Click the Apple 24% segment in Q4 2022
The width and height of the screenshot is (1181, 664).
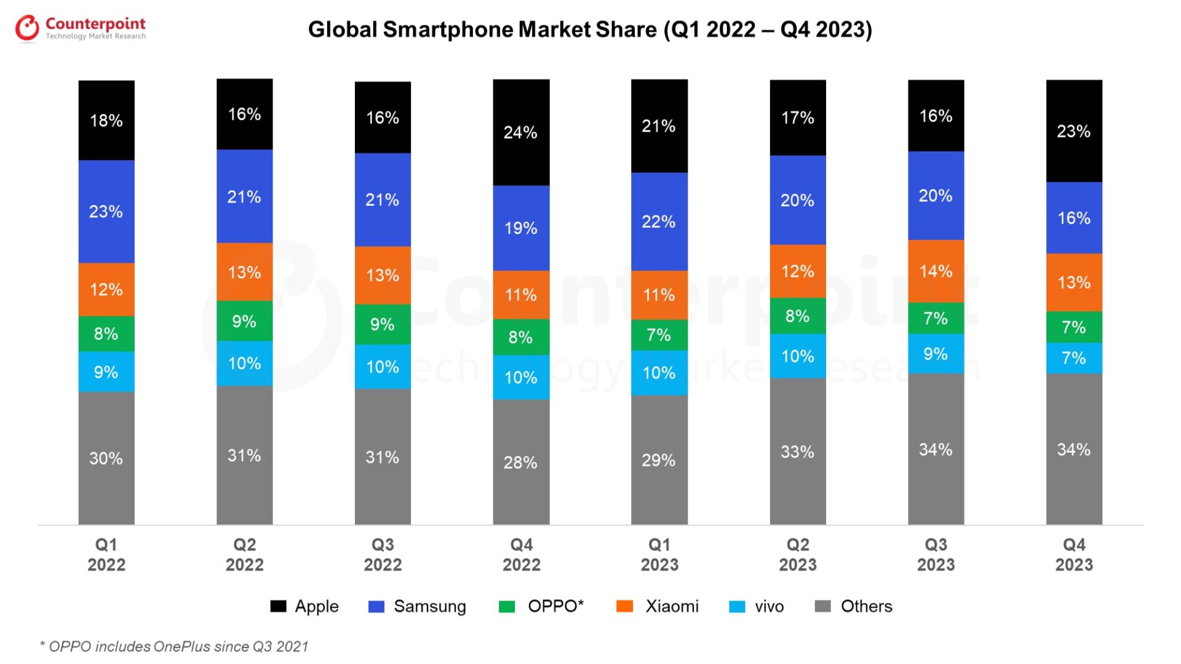(520, 132)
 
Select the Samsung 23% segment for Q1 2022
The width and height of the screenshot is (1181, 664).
(106, 212)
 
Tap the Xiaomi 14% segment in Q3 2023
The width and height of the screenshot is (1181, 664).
(936, 271)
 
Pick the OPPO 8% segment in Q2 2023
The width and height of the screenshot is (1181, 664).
(797, 316)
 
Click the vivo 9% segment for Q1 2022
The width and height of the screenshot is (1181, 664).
(106, 372)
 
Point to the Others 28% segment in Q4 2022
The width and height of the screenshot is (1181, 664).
(520, 462)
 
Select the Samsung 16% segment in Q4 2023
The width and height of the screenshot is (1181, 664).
(1073, 218)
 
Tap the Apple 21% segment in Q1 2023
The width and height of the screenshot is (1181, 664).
(659, 126)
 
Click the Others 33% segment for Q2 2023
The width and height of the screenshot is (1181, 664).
(797, 451)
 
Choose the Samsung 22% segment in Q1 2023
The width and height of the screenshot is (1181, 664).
(659, 222)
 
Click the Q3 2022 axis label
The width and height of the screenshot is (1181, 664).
(383, 554)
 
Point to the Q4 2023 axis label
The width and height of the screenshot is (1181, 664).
(1074, 554)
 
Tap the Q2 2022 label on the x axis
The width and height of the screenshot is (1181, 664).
(244, 554)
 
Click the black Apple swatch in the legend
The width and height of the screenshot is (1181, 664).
(278, 606)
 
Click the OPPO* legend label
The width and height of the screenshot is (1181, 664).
(555, 606)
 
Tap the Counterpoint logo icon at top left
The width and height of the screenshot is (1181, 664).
(27, 28)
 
